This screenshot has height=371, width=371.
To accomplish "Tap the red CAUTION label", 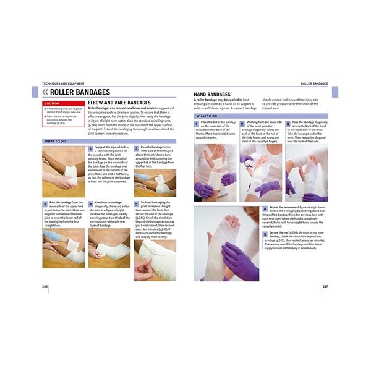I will pos(51,103).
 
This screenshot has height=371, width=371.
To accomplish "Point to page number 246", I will pos(45,287).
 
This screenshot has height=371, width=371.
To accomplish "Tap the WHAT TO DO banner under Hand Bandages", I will pos(207,116).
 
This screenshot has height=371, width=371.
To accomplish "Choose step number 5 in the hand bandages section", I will pos(265,233).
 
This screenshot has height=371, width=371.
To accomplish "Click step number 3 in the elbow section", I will pos(45,203).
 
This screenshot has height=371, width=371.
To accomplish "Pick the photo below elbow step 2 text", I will pos(155,182).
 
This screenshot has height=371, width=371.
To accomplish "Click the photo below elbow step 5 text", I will pos(155,260).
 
